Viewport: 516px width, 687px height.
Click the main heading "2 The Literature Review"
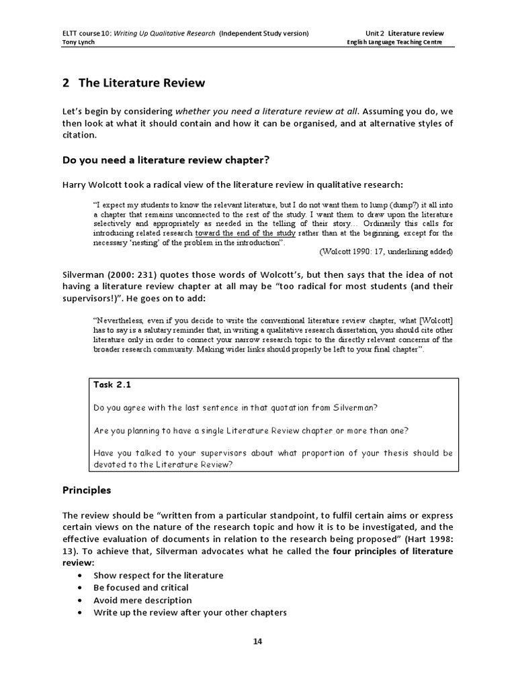(x=133, y=83)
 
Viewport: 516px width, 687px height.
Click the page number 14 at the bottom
(x=257, y=641)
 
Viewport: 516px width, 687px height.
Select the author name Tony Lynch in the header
(x=79, y=42)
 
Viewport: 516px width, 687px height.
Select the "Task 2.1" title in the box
(x=113, y=385)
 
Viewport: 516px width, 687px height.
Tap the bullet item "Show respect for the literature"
(x=159, y=576)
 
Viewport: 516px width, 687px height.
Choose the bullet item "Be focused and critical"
(x=141, y=588)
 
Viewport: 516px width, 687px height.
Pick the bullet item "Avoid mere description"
(x=142, y=600)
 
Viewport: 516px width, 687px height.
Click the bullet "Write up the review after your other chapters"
(x=190, y=613)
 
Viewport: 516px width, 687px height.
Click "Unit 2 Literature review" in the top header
(x=404, y=33)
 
